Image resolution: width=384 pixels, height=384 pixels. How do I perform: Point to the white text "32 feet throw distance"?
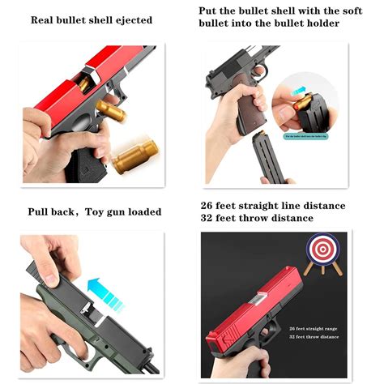click(314, 335)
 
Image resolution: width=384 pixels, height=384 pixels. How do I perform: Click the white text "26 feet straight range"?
click(314, 326)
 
